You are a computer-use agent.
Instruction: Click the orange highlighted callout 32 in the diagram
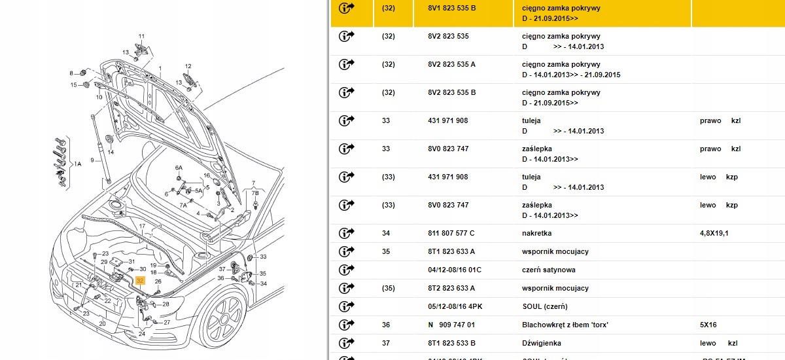click(139, 279)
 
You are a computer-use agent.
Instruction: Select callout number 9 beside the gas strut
click(93, 160)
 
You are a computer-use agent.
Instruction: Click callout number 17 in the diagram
click(141, 226)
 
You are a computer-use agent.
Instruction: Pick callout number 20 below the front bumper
click(102, 323)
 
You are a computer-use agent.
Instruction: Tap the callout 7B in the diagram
click(256, 194)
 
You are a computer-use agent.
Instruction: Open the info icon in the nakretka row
click(346, 233)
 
